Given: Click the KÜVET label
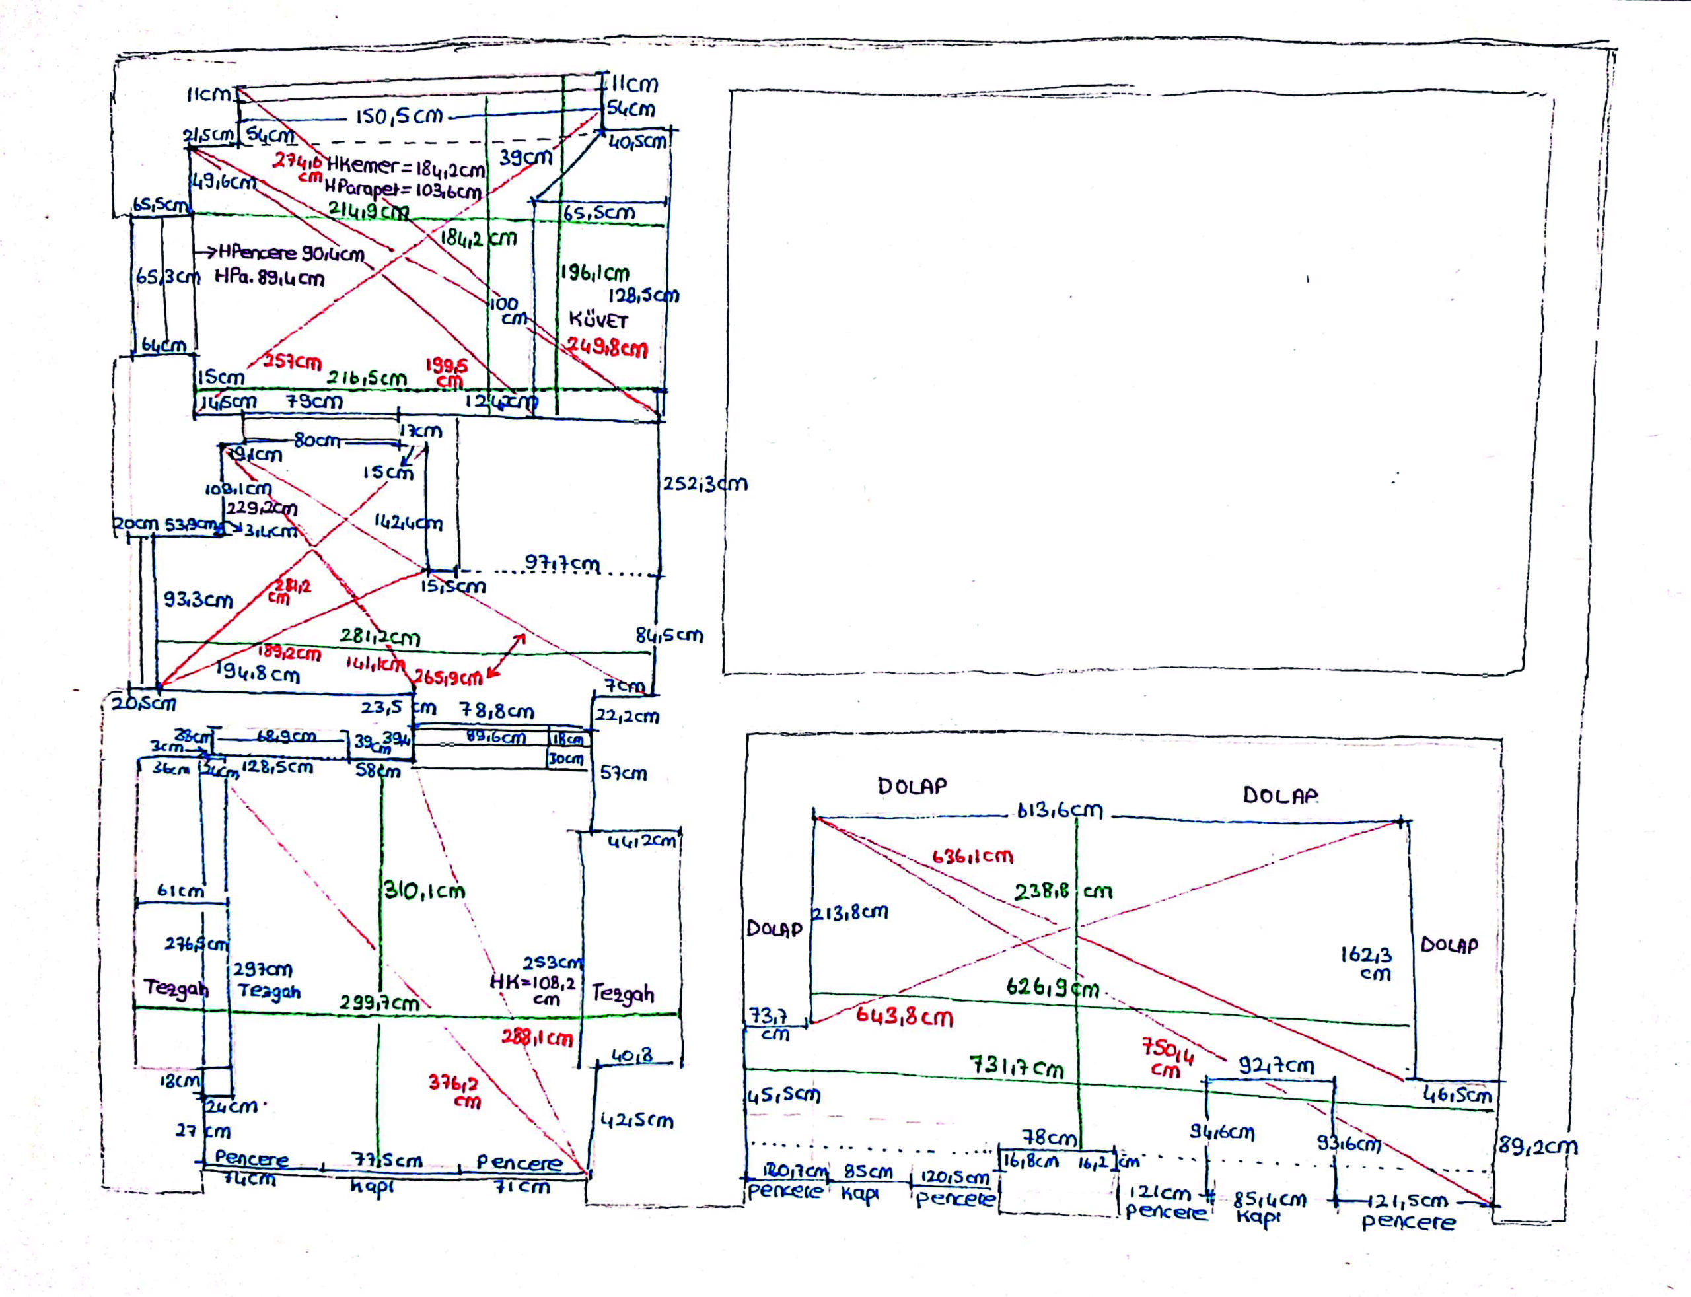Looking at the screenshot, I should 598,320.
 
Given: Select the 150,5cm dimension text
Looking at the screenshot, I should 399,117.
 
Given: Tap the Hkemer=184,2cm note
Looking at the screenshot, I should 406,167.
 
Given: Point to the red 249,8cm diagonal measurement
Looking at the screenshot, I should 608,347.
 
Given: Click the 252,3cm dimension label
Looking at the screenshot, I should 704,484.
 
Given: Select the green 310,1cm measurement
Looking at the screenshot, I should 425,891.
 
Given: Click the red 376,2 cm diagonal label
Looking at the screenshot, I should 454,1091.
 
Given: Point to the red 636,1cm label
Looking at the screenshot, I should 972,856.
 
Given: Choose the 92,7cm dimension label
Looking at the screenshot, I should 1276,1066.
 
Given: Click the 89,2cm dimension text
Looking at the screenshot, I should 1537,1146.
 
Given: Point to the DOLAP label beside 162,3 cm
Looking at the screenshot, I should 1449,945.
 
